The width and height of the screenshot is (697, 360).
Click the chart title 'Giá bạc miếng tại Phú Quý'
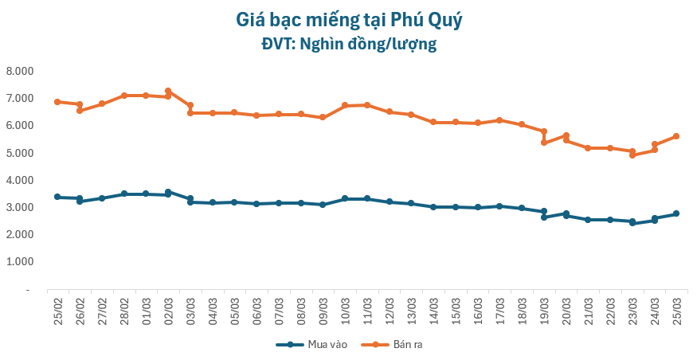pos(349,18)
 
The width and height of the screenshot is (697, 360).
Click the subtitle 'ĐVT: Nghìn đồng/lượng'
pos(349,45)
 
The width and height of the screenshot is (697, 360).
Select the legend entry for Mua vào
pos(307,344)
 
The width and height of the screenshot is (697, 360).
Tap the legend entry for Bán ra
pos(395,344)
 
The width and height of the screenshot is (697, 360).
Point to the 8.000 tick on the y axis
pos(19,71)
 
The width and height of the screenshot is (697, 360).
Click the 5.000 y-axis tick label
pos(19,153)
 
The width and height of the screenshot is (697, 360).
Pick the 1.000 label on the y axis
pos(19,262)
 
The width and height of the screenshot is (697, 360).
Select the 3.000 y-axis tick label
pos(19,207)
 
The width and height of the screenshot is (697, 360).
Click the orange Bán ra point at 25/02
pos(57,102)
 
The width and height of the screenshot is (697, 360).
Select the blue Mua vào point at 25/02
pos(57,197)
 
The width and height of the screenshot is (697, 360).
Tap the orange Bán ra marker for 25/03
pos(676,136)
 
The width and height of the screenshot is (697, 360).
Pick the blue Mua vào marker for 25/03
pos(676,213)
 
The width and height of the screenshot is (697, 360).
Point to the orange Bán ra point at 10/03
pos(345,105)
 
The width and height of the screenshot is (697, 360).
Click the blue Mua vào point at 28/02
pos(124,194)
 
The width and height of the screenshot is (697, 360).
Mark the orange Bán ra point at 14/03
pos(433,122)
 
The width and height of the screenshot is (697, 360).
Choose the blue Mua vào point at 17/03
pos(499,205)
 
